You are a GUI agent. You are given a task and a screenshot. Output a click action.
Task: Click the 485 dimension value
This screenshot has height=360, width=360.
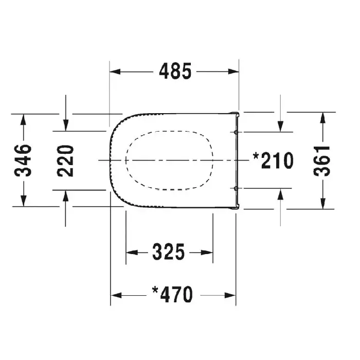click(x=175, y=71)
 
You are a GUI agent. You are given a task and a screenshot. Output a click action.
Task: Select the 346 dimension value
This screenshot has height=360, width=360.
click(x=23, y=160)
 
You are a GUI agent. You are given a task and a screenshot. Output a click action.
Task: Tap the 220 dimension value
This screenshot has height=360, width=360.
click(x=65, y=160)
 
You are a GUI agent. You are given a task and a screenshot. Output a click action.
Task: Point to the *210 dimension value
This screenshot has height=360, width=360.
click(x=273, y=160)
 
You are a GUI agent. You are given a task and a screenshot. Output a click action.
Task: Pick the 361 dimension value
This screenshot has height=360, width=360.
click(x=322, y=160)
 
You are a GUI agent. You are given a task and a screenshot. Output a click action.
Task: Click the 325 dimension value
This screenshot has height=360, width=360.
click(x=169, y=252)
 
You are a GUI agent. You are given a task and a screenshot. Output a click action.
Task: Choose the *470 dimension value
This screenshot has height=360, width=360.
click(x=172, y=295)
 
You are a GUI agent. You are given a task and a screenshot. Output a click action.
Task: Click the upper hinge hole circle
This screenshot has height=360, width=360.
click(x=236, y=132)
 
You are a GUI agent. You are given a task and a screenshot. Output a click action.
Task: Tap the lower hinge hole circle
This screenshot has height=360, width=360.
click(x=236, y=189)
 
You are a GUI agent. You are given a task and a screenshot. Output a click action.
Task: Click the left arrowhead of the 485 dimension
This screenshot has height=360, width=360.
click(x=115, y=71)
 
